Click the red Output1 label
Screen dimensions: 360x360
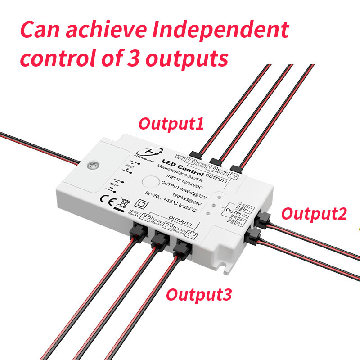pos(171,123)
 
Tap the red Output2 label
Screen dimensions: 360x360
pos(314,213)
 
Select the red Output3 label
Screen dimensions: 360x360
pos(199,295)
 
